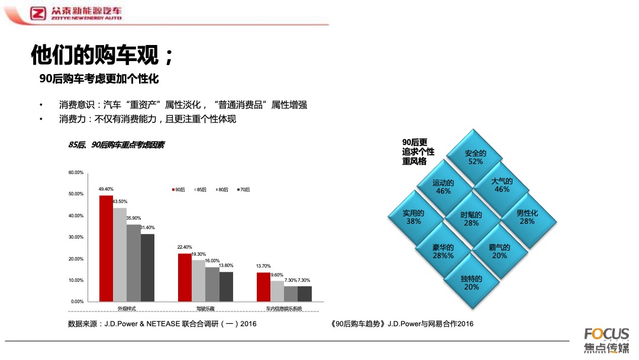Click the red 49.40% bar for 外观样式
[x=106, y=248]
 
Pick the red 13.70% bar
[x=263, y=287]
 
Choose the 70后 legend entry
[x=243, y=189]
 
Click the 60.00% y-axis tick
[x=76, y=172]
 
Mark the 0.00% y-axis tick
[x=78, y=301]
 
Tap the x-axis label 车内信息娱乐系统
[x=284, y=308]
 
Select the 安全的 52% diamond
[x=475, y=157]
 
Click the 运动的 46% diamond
[x=443, y=187]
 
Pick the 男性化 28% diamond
[x=527, y=217]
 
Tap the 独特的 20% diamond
[x=471, y=282]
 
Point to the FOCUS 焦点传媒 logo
[x=606, y=340]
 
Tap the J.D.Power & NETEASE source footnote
[x=162, y=324]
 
